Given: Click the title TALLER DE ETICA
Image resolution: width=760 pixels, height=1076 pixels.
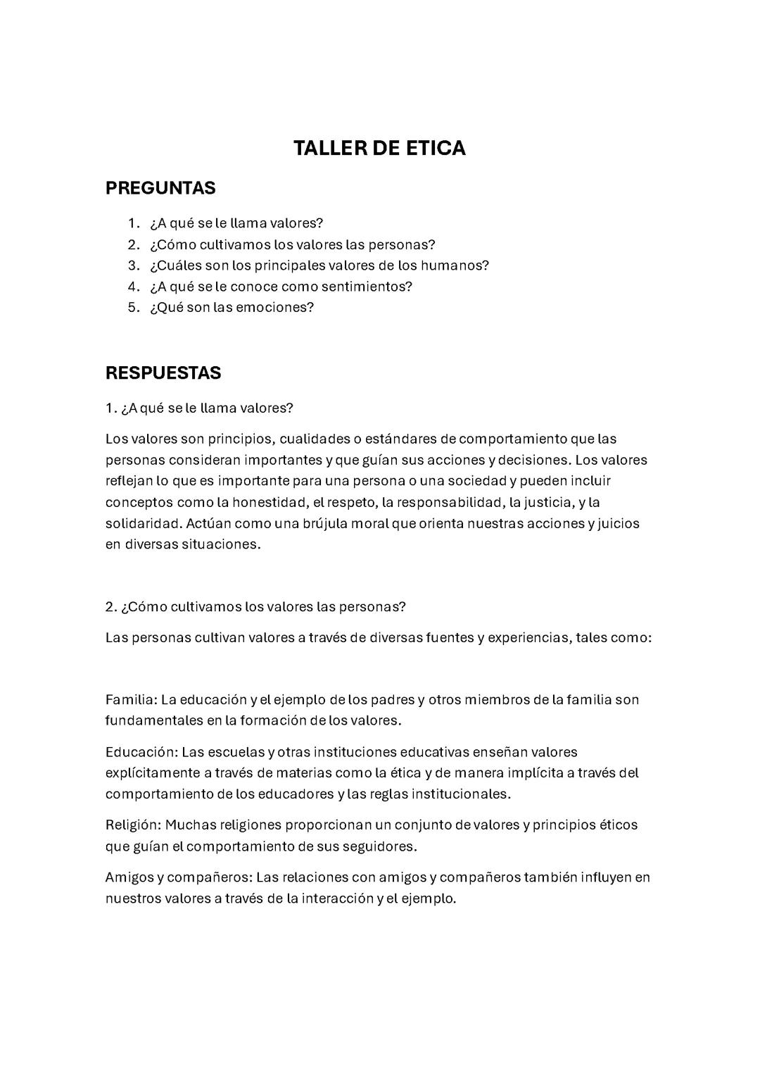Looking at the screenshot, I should pos(379,148).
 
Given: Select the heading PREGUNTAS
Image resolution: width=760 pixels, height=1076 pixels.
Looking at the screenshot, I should pos(160,188).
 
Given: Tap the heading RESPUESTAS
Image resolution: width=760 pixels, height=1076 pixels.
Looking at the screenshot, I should pos(163,373).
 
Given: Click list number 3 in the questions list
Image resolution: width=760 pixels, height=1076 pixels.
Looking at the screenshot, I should pos(134,265).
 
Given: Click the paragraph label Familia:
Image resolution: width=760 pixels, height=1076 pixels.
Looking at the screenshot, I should pos(131,699).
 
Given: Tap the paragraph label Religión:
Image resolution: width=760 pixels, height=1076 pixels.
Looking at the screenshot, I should pos(134,825).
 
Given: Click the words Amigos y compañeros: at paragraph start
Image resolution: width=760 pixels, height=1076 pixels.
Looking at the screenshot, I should pos(178,877).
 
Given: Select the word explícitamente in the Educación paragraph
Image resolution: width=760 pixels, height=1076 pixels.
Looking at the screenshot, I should pos(152,772).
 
